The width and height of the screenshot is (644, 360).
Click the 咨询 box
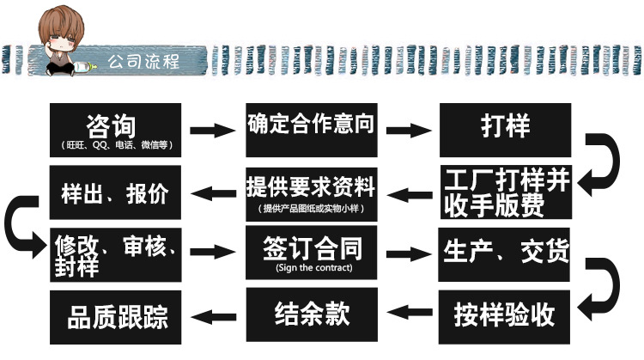pos(117,131)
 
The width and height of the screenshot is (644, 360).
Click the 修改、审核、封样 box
pos(117,254)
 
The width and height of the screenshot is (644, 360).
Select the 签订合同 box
pos(311,254)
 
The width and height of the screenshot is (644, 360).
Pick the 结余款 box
pos(311,313)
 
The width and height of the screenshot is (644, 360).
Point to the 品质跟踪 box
pos(117,316)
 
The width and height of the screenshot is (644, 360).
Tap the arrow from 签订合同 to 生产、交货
pos(408,253)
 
